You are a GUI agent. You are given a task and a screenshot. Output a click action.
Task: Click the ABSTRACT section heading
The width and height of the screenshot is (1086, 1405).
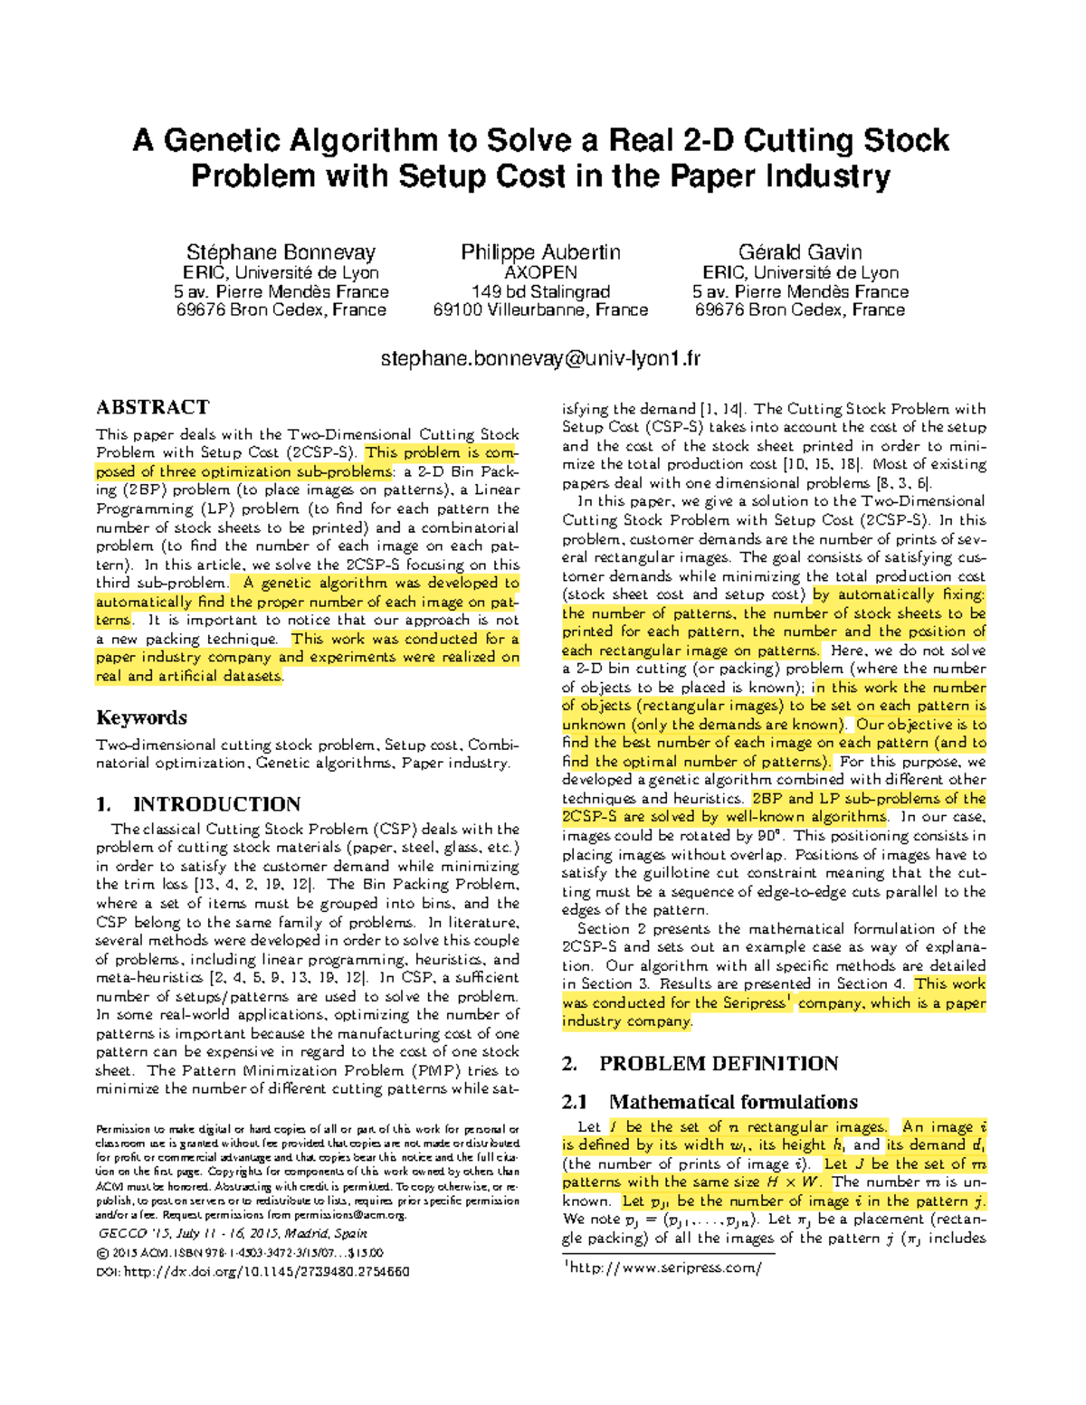click(x=152, y=407)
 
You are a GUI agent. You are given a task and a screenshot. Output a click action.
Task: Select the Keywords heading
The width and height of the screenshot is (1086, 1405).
click(x=141, y=717)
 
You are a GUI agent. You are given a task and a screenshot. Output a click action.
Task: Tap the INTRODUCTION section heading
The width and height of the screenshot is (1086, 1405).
click(x=215, y=804)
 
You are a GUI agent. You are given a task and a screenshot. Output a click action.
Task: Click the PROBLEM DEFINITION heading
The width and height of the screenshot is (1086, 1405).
click(x=718, y=1064)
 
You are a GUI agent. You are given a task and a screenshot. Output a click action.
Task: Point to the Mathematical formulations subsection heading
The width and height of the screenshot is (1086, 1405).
click(x=733, y=1102)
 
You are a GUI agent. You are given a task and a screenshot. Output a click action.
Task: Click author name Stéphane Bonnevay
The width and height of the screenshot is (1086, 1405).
click(x=281, y=252)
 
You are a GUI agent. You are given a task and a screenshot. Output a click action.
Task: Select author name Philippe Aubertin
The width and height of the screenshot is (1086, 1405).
click(x=540, y=252)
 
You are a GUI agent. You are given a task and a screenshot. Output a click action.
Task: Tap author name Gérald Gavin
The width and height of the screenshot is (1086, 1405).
click(x=800, y=252)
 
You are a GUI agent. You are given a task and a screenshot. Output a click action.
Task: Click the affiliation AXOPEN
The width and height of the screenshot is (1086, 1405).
click(x=540, y=272)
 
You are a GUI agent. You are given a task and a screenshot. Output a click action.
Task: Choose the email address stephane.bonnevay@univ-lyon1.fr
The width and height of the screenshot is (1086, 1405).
click(x=540, y=359)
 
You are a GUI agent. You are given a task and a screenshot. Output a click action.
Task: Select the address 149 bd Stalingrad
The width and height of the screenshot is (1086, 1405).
click(x=540, y=291)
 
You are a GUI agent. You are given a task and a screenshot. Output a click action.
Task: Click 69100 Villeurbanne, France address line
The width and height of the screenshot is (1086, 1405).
click(x=540, y=309)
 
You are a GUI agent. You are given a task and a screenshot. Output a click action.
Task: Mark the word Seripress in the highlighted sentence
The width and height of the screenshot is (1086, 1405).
click(x=754, y=1002)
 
